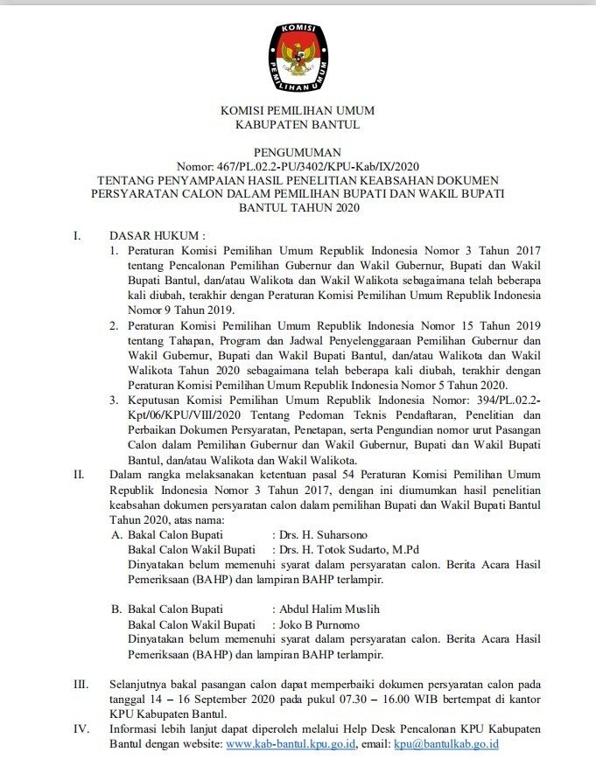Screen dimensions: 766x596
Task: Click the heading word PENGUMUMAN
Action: (x=298, y=151)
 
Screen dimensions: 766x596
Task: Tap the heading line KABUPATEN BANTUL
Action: (x=298, y=125)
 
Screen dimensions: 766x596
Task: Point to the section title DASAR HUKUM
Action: (x=156, y=236)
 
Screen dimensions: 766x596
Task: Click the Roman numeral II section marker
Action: (x=79, y=474)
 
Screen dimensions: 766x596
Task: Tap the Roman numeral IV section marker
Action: (x=79, y=728)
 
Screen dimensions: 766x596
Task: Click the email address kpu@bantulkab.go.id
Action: (x=446, y=744)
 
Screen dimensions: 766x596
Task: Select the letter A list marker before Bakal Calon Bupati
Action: (x=116, y=533)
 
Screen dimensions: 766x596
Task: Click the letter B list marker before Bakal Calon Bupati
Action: (x=116, y=609)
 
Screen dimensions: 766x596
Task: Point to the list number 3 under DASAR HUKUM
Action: (x=115, y=400)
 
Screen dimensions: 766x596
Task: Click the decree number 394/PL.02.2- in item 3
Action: (x=488, y=400)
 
